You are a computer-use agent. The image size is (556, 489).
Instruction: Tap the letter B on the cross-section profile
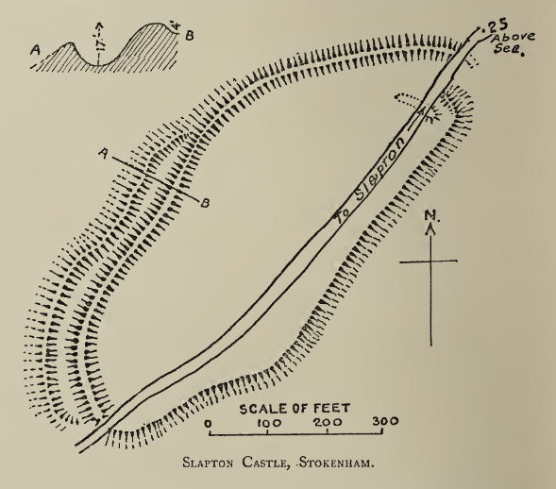[x=191, y=36]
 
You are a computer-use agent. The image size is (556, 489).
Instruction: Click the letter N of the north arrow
[x=430, y=226]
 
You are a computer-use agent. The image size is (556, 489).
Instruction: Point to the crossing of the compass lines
[x=430, y=261]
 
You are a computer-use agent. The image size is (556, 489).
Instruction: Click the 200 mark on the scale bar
[x=327, y=422]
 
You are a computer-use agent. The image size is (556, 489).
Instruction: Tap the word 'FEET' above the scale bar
[x=331, y=408]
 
